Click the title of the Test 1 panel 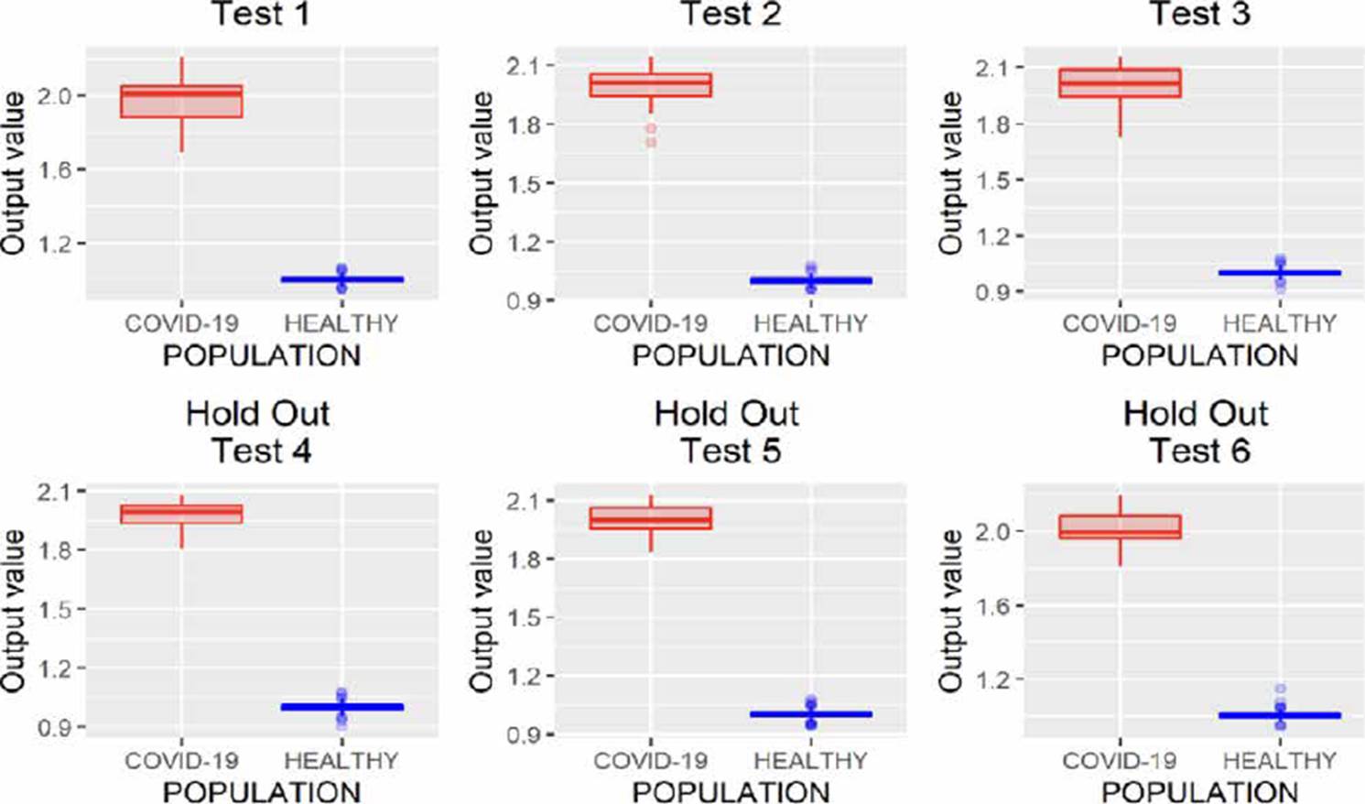[261, 14]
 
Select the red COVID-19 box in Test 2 [651, 85]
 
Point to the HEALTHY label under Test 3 [1279, 323]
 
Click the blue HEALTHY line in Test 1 [341, 279]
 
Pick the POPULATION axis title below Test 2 [731, 355]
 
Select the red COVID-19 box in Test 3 [1120, 83]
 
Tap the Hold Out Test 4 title [259, 432]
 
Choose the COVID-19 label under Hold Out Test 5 [650, 760]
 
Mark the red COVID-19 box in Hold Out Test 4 [181, 514]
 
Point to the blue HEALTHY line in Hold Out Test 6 [1280, 715]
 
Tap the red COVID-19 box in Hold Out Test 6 [1120, 527]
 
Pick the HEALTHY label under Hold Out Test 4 [341, 760]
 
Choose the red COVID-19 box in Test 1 [181, 101]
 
